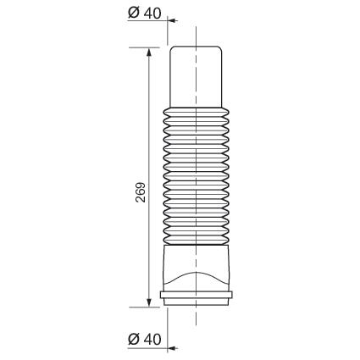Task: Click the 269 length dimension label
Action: pyautogui.click(x=141, y=192)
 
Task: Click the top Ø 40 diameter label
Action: pyautogui.click(x=145, y=13)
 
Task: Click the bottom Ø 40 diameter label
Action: pyautogui.click(x=145, y=339)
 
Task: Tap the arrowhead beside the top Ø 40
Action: pyautogui.click(x=172, y=20)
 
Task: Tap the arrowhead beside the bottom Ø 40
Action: pyautogui.click(x=172, y=348)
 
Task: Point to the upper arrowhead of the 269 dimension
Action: pyautogui.click(x=149, y=53)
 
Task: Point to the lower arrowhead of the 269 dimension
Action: pyautogui.click(x=149, y=302)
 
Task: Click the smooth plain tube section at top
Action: pyautogui.click(x=196, y=77)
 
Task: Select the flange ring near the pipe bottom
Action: pyautogui.click(x=197, y=295)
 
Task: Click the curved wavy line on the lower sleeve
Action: pyautogui.click(x=196, y=273)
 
